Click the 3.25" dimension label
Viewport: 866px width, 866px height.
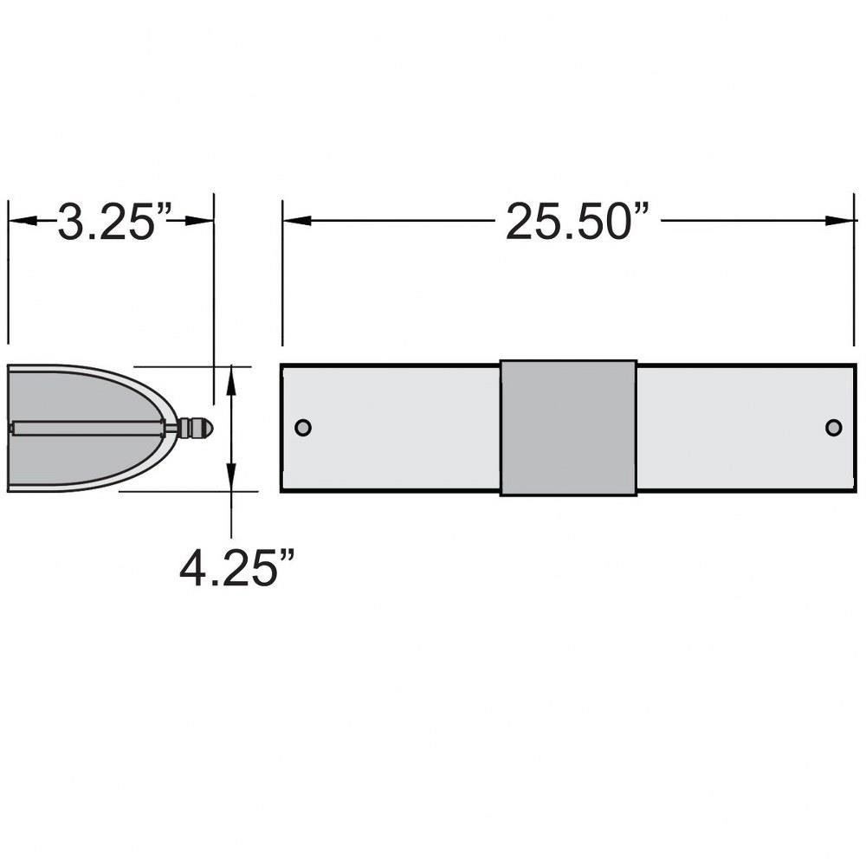coord(114,221)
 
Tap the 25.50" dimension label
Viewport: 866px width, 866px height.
coord(577,221)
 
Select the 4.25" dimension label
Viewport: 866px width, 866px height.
coord(237,567)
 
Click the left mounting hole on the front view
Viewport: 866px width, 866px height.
coord(303,428)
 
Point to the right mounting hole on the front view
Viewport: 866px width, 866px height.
coord(833,428)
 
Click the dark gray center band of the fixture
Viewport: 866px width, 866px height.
coord(568,428)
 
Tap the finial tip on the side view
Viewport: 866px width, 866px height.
coord(208,428)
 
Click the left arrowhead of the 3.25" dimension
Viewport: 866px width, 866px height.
coord(23,220)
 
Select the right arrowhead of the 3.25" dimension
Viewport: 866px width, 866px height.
coord(199,220)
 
